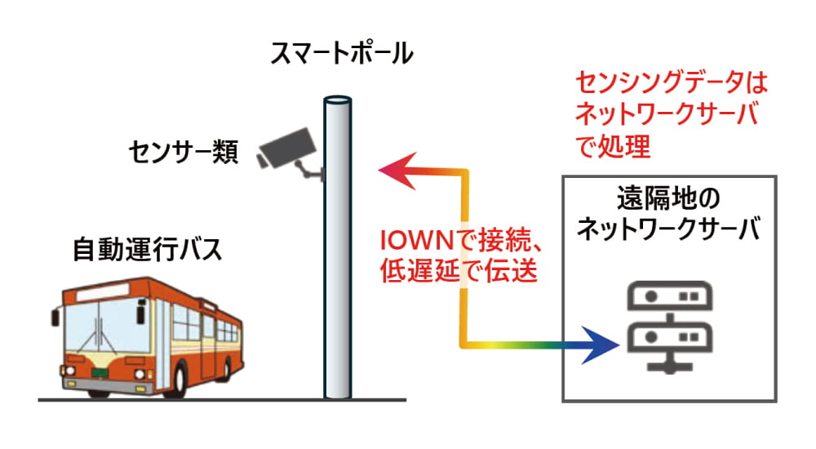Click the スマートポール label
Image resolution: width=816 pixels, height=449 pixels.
[x=343, y=55]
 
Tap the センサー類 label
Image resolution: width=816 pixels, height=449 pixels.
[x=183, y=152]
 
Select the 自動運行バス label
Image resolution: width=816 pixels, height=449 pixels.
[x=147, y=249]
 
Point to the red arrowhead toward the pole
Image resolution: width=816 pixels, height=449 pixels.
[x=392, y=170]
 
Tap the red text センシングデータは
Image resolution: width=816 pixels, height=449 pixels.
[x=672, y=82]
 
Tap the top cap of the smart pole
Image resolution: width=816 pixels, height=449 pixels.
[x=337, y=100]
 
